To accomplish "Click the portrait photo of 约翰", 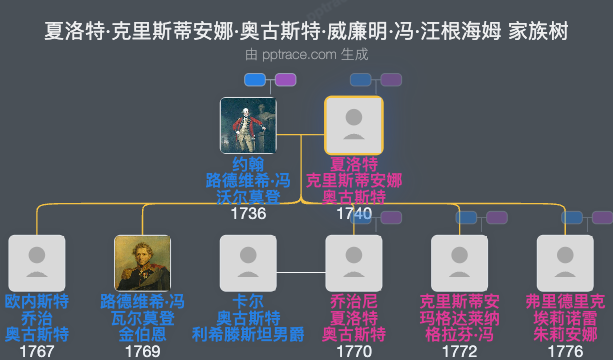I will (248, 125).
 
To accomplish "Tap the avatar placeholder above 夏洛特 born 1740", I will (353, 125).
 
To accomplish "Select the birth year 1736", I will (248, 213).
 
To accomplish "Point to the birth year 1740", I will (353, 213).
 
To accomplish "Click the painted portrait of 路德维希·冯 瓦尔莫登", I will (142, 263).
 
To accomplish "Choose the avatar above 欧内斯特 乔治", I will (36, 263).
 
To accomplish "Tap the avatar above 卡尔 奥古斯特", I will (248, 263).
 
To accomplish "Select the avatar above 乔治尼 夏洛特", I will (353, 263).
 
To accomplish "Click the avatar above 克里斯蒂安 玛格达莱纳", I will (459, 263).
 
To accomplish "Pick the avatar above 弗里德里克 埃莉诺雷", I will (565, 263).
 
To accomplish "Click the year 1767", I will (36, 351).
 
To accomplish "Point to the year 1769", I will (142, 351).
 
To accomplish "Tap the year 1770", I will (353, 351).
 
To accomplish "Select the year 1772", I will (459, 351).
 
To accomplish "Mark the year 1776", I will (565, 351).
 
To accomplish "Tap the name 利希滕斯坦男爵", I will (248, 334).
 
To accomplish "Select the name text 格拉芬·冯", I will (459, 334).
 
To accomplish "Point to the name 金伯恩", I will (142, 334).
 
